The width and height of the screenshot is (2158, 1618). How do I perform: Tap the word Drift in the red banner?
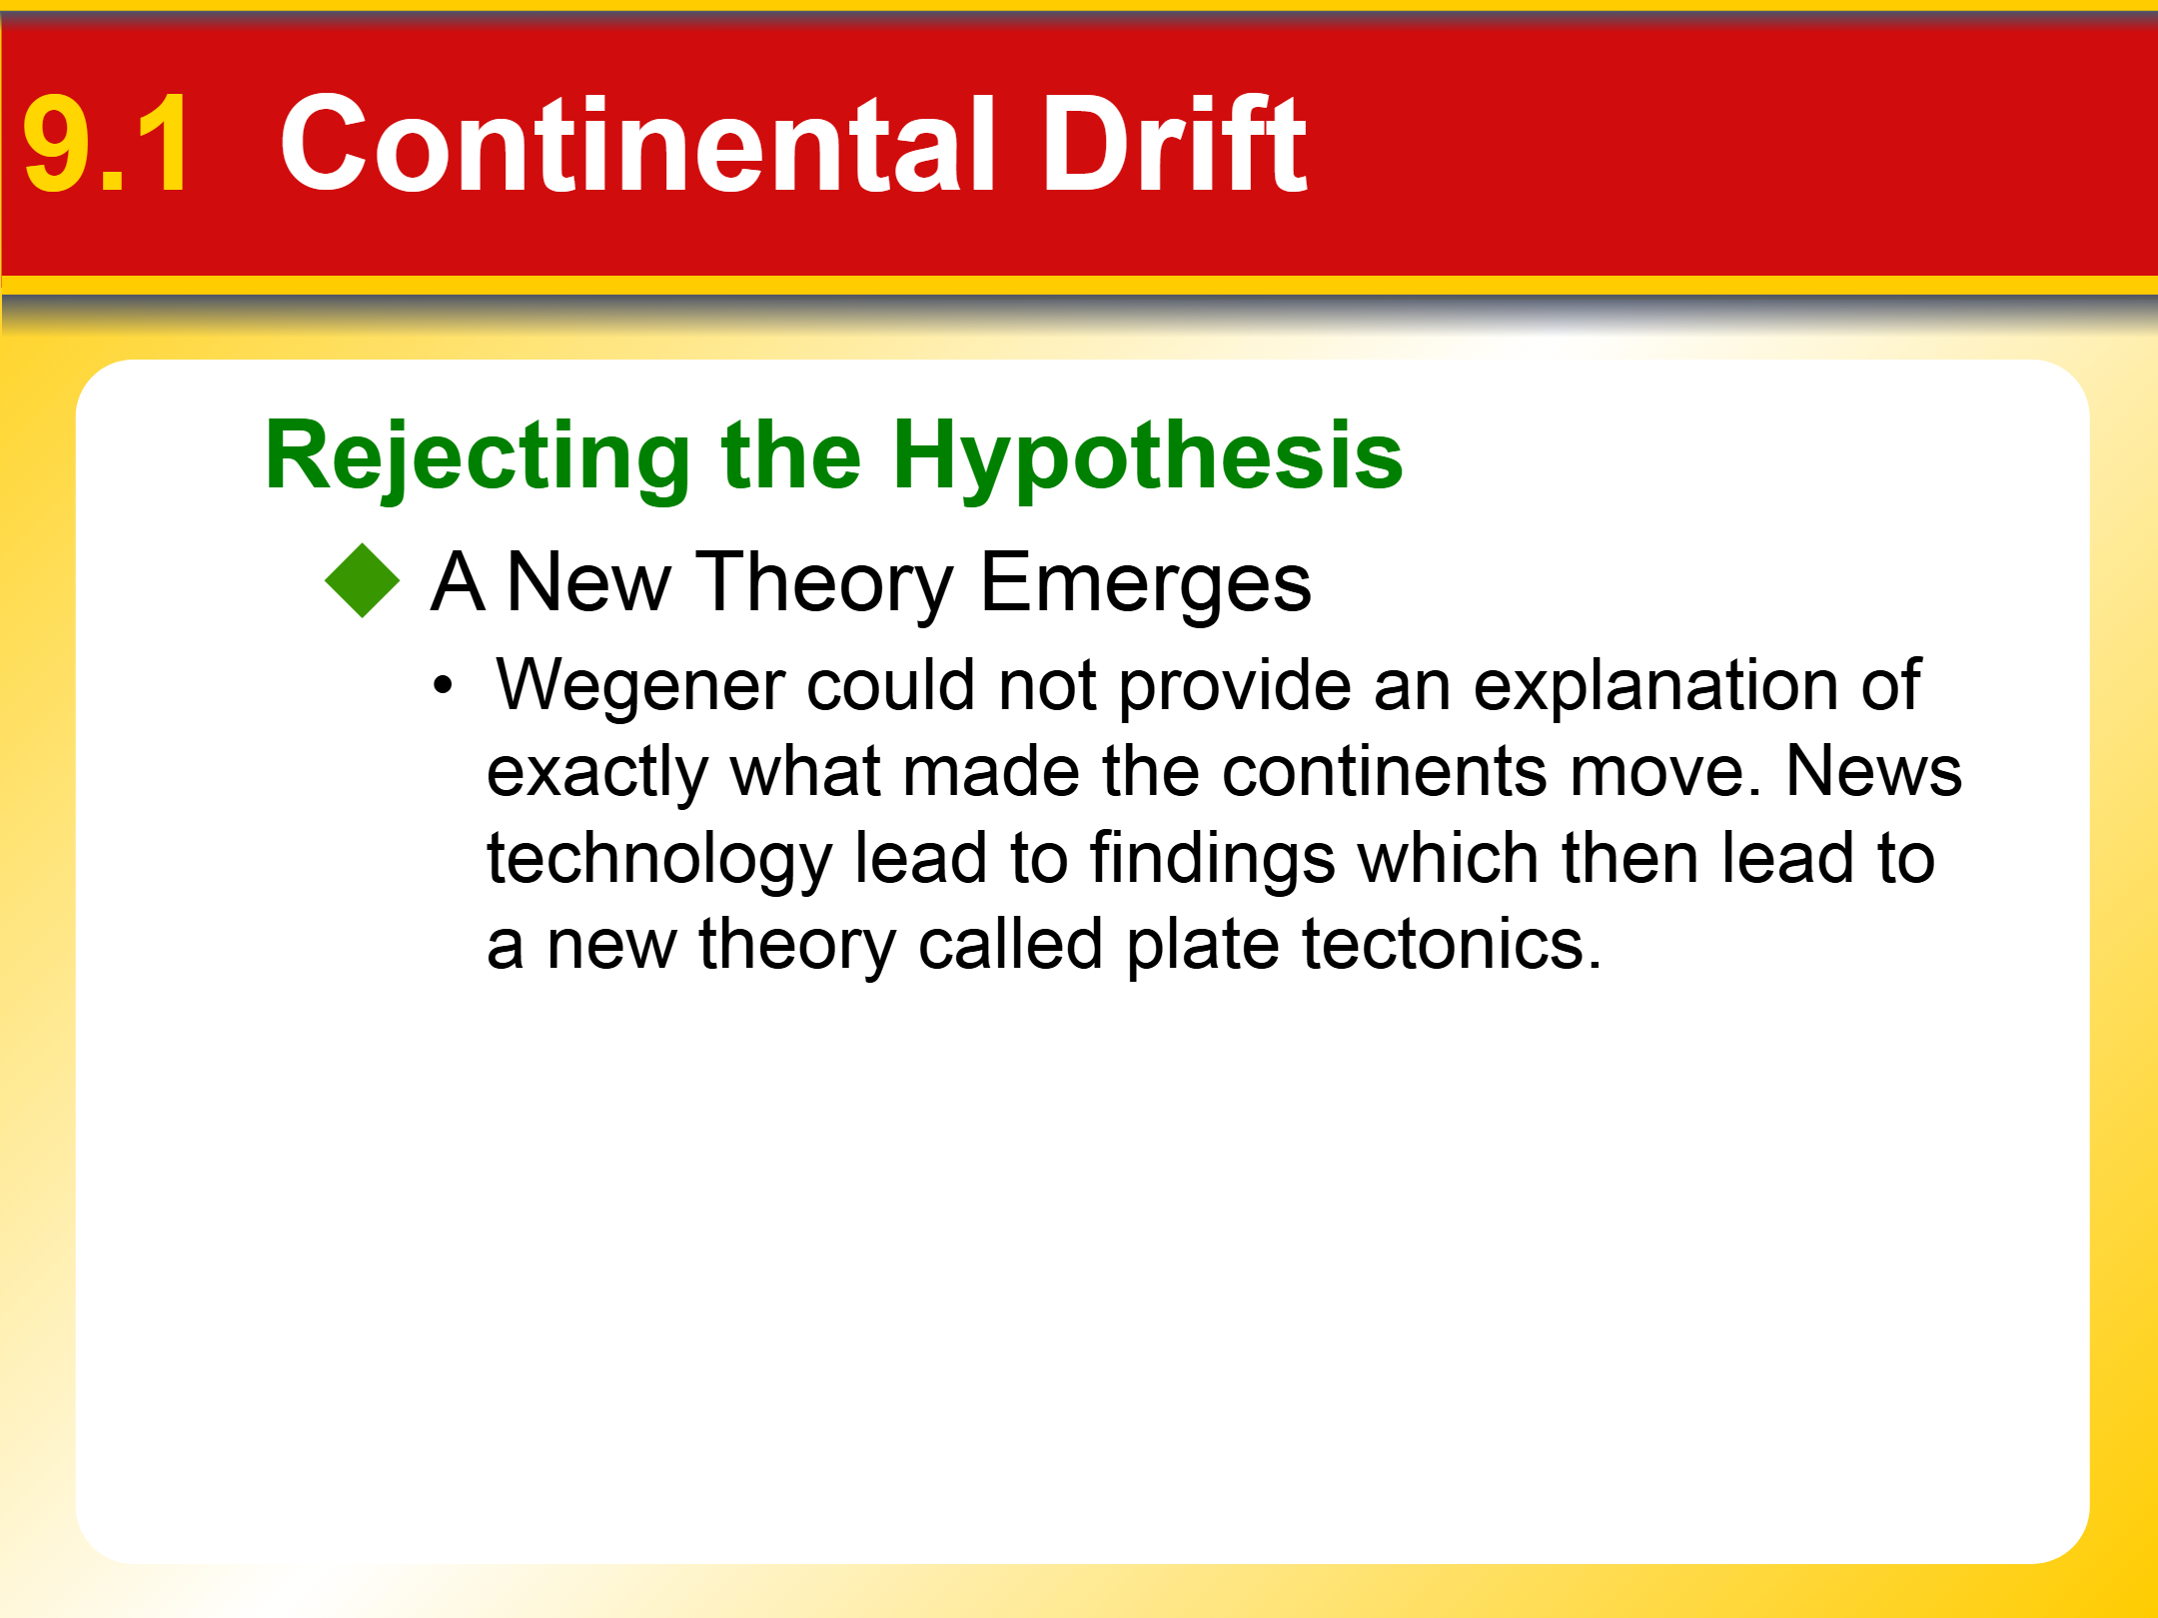click(1174, 143)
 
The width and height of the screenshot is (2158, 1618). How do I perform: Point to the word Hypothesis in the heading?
click(1148, 457)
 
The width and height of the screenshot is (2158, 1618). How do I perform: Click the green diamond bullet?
click(362, 581)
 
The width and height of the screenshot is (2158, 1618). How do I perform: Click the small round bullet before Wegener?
click(443, 686)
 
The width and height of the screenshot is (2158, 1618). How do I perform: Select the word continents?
click(1384, 773)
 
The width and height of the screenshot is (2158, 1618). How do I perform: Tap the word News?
click(1873, 771)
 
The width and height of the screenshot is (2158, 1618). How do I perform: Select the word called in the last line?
click(1010, 944)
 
